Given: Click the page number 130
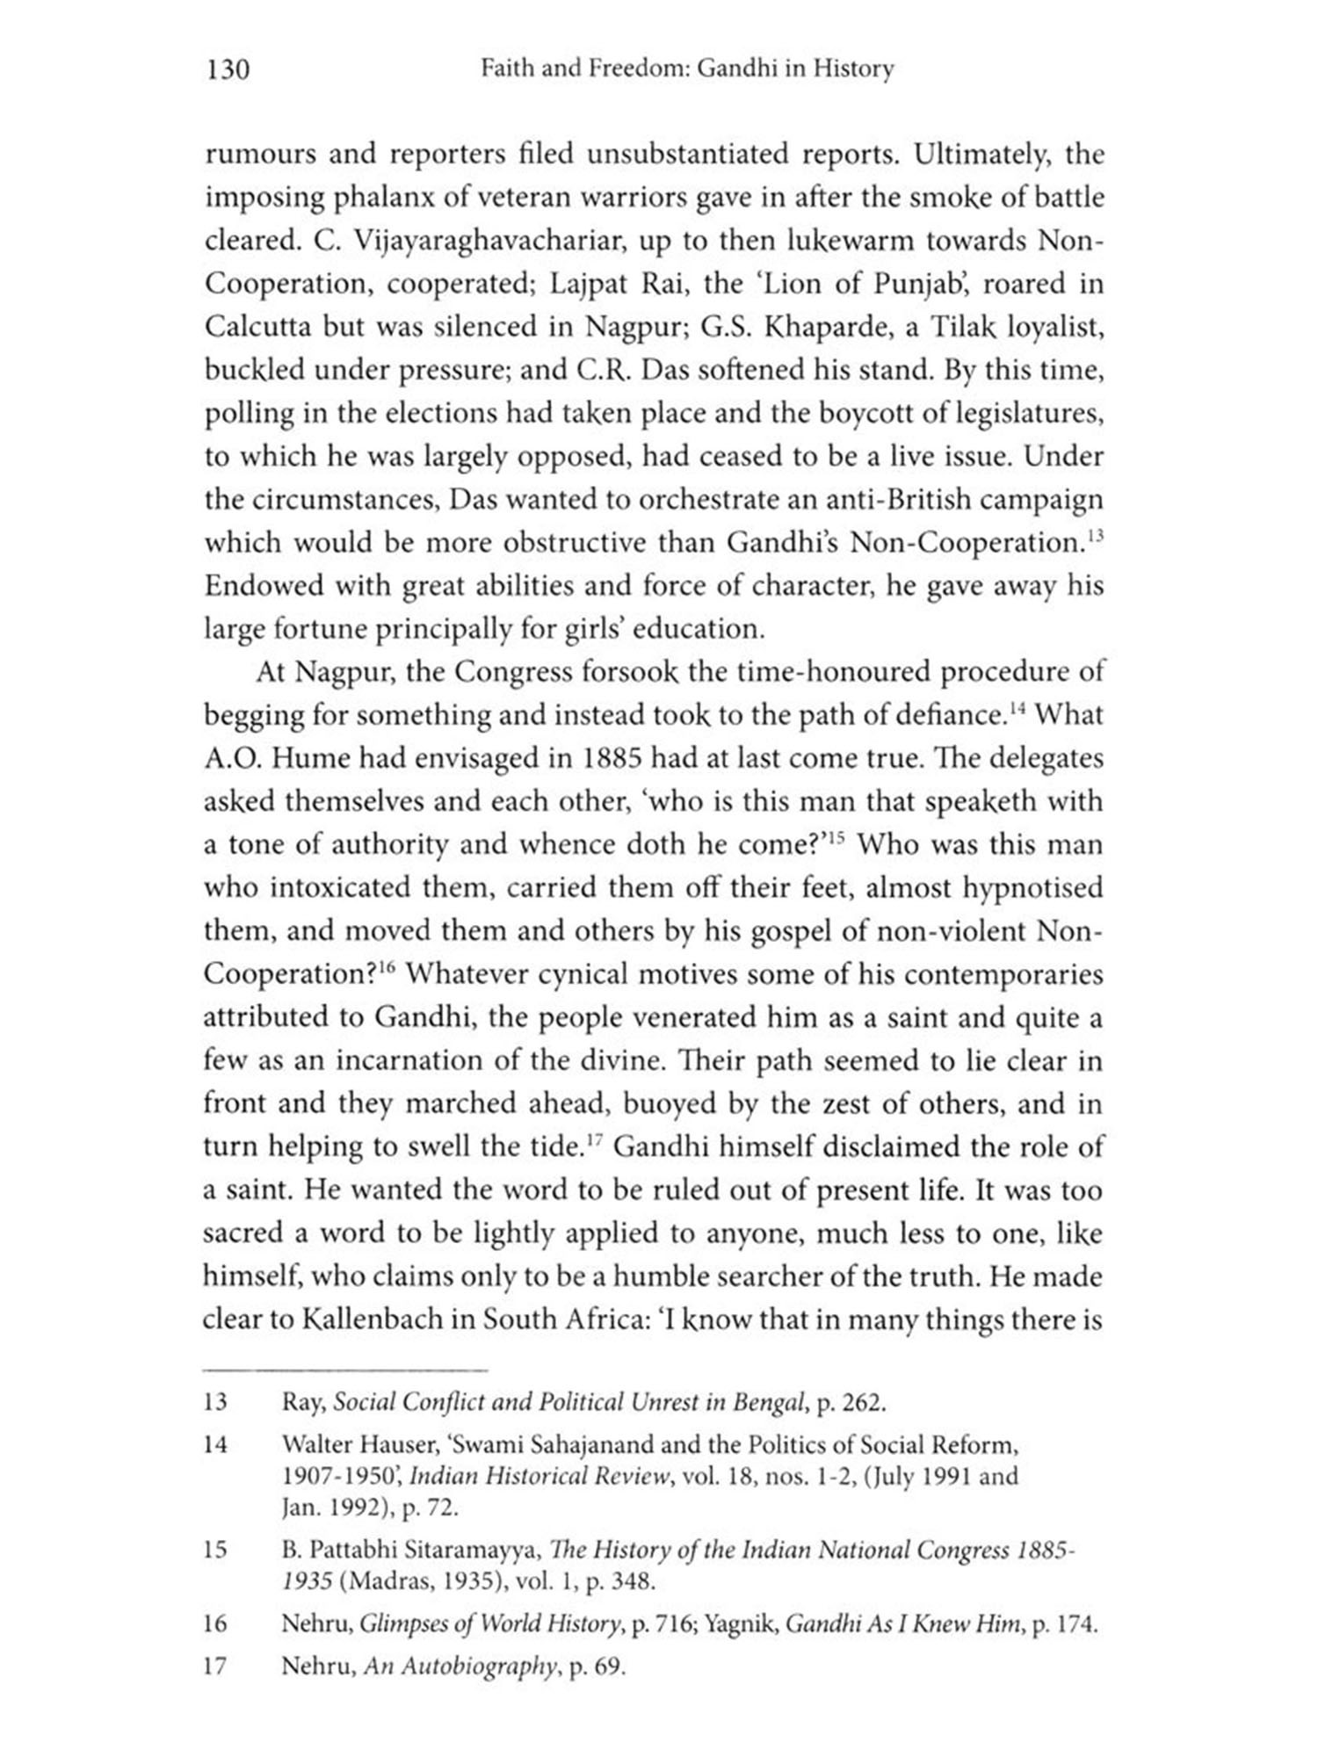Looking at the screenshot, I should tap(228, 69).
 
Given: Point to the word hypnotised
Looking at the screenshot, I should tap(1032, 887).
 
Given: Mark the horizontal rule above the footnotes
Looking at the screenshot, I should tap(344, 1369).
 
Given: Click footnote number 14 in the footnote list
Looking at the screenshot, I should tap(215, 1443).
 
